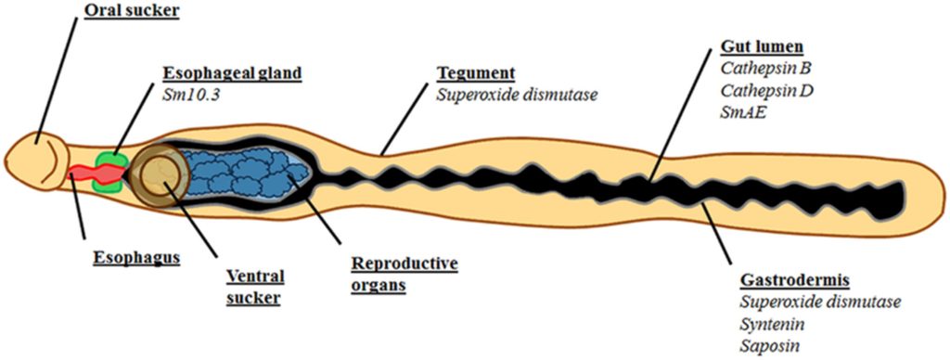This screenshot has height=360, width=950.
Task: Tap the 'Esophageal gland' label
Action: click(x=231, y=74)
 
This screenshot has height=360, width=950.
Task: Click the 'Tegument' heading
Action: click(x=476, y=74)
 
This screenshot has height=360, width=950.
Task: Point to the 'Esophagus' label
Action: click(x=136, y=258)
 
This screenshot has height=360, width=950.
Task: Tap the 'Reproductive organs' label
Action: click(x=404, y=275)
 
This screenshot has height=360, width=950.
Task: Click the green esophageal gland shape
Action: click(x=109, y=174)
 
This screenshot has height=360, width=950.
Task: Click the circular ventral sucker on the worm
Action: click(x=160, y=173)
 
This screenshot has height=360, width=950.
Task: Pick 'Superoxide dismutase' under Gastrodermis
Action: click(x=821, y=302)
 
